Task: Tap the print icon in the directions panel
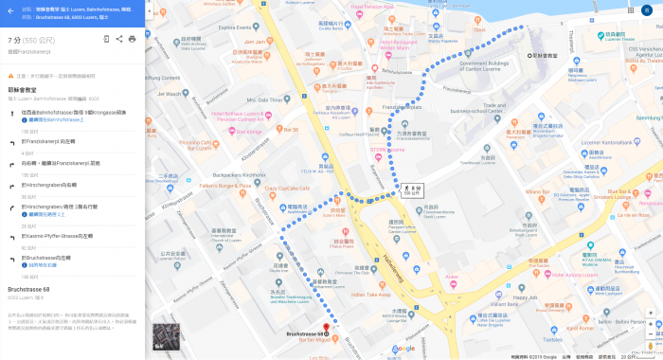click(132, 39)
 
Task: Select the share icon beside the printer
click(119, 39)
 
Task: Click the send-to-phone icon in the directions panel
click(106, 39)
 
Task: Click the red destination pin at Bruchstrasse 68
click(326, 329)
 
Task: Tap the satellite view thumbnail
click(166, 336)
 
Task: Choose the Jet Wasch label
click(170, 93)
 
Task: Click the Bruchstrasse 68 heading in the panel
click(28, 288)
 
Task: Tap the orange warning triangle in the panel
click(11, 75)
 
